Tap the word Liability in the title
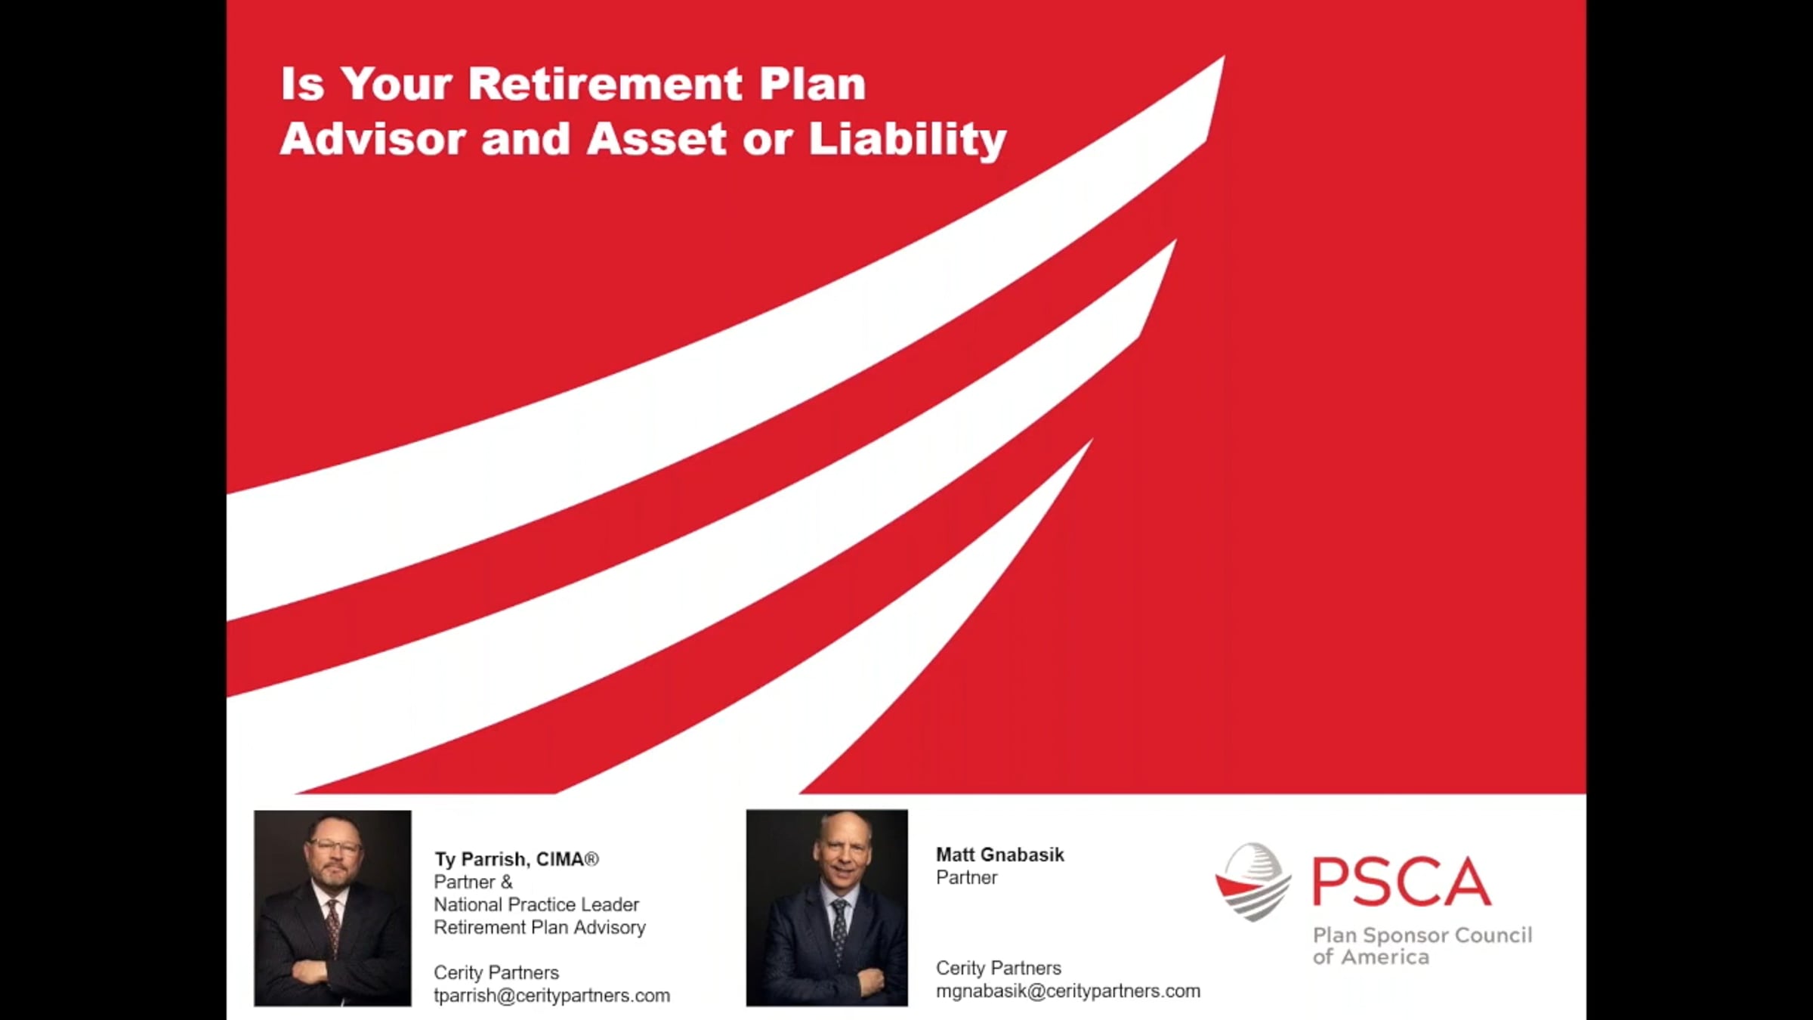pyautogui.click(x=907, y=139)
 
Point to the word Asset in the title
pyautogui.click(x=656, y=139)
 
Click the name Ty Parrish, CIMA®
pyautogui.click(x=516, y=859)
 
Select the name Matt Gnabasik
pyautogui.click(x=999, y=855)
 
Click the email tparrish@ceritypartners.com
pyautogui.click(x=551, y=995)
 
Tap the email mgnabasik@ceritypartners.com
pyautogui.click(x=1067, y=991)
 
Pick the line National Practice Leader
pyautogui.click(x=536, y=904)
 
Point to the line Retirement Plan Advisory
pyautogui.click(x=539, y=927)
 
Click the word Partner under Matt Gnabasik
pyautogui.click(x=966, y=877)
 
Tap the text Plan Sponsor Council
pyautogui.click(x=1422, y=935)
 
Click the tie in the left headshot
pyautogui.click(x=332, y=922)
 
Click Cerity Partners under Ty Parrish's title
pyautogui.click(x=496, y=972)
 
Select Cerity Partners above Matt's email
pyautogui.click(x=998, y=968)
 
